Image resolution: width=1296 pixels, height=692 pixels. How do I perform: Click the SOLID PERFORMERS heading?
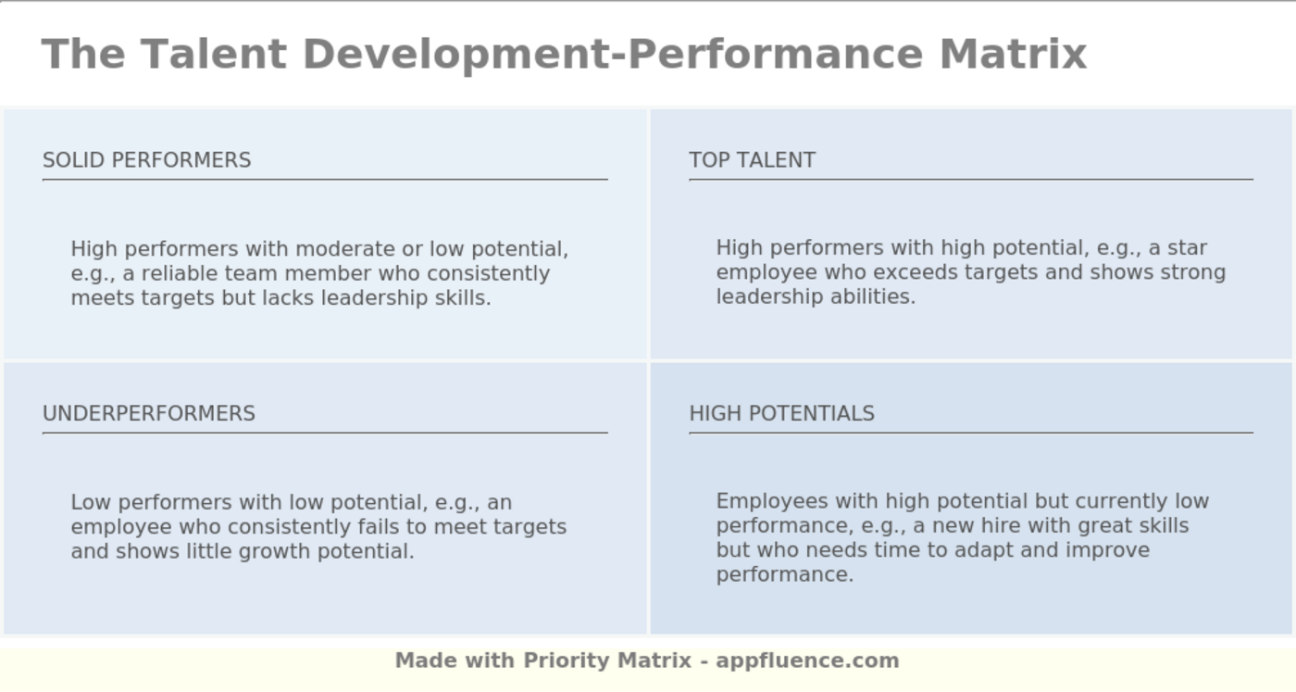tap(146, 160)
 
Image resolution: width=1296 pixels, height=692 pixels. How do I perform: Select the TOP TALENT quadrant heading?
tap(752, 160)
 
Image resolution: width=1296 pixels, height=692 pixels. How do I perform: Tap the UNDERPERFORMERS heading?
tap(148, 413)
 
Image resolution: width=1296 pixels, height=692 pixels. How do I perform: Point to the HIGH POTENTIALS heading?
tap(781, 413)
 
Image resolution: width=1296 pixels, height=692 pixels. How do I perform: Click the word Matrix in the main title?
tap(1013, 54)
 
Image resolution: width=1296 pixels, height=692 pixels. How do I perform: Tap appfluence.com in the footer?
tap(807, 661)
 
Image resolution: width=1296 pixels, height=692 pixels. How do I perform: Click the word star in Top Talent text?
tap(1187, 248)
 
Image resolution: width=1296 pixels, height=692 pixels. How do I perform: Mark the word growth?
tap(275, 551)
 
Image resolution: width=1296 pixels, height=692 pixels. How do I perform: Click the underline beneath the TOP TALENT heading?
tap(970, 180)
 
